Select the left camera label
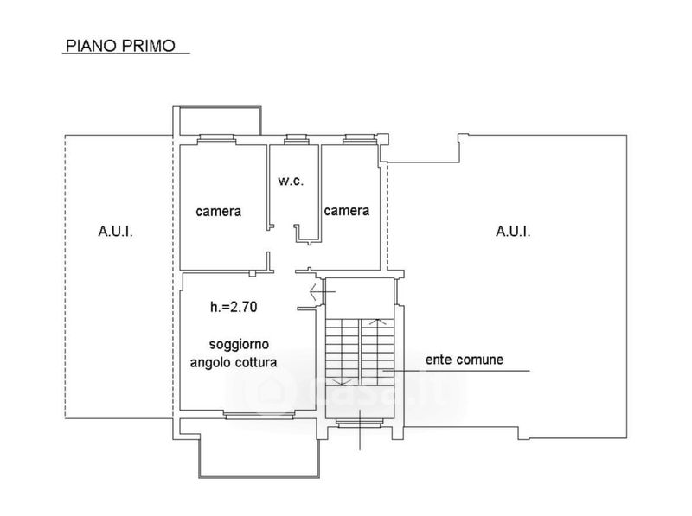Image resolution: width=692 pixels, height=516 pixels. [218, 211]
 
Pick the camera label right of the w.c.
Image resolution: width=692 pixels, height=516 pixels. [347, 210]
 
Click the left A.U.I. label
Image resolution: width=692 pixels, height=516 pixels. [115, 232]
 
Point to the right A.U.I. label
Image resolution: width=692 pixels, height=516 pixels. [513, 231]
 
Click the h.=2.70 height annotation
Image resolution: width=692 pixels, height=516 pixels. [234, 306]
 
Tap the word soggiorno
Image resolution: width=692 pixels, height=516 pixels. [234, 344]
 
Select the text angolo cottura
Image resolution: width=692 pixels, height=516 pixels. [234, 363]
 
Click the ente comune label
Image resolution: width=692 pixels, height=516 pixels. [464, 359]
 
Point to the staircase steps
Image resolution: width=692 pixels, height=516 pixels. [360, 350]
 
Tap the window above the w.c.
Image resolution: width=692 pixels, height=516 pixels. [297, 138]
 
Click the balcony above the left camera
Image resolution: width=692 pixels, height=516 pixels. [219, 121]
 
